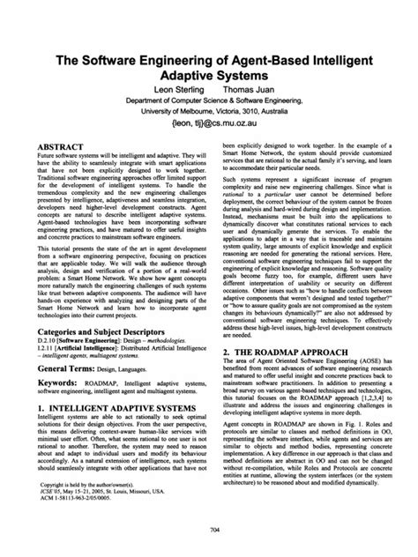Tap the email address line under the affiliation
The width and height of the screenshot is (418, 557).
point(210,127)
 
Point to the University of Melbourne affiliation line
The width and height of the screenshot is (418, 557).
point(209,114)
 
